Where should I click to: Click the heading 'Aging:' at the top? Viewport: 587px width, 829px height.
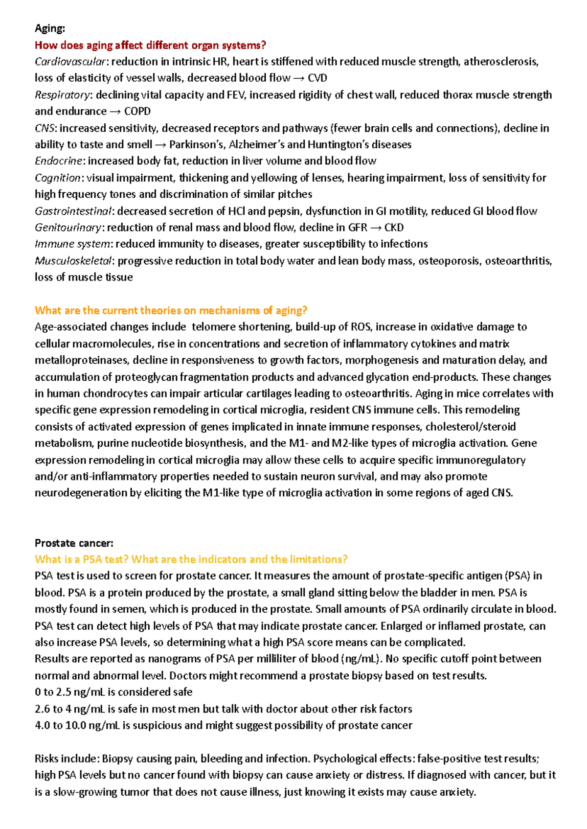tap(49, 28)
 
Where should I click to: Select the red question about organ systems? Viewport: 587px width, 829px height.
tap(150, 46)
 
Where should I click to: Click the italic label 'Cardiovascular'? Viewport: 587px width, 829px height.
tap(70, 62)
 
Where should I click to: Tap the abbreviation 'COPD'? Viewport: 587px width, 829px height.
tap(137, 112)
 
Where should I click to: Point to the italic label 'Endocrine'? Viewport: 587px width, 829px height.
tap(58, 161)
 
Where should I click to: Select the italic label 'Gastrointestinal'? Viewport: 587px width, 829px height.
tap(73, 211)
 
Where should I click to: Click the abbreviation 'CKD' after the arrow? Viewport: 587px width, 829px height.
tap(394, 228)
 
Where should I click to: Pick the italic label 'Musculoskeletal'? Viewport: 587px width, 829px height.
tap(73, 261)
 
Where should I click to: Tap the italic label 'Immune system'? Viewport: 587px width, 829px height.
tap(72, 244)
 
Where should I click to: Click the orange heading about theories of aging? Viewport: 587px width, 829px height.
tap(171, 310)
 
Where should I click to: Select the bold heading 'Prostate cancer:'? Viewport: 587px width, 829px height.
tap(74, 543)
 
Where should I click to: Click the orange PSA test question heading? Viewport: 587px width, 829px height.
tap(191, 559)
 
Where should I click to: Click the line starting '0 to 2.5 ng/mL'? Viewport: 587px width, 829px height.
tap(113, 692)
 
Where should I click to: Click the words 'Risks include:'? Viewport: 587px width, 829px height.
tap(67, 759)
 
